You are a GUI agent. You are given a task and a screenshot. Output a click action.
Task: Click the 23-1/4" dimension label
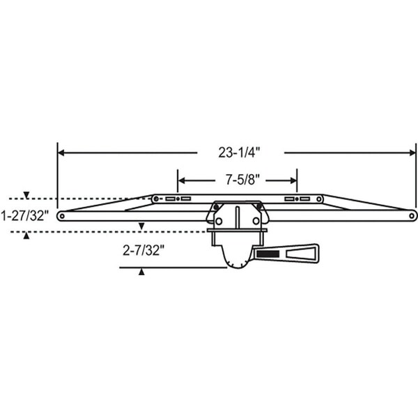tap(240, 151)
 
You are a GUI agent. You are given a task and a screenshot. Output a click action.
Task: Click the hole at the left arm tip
tap(62, 216)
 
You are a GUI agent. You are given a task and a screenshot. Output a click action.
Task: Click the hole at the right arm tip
tap(412, 216)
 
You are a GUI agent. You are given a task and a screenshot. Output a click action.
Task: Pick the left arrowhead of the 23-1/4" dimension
tap(61, 152)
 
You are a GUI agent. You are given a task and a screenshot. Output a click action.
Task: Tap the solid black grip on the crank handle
tap(266, 254)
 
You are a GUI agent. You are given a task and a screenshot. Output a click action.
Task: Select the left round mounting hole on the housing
tap(219, 221)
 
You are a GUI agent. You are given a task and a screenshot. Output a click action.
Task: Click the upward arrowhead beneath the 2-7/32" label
tap(141, 272)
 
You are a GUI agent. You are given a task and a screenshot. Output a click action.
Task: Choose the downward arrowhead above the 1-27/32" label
tap(26, 194)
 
